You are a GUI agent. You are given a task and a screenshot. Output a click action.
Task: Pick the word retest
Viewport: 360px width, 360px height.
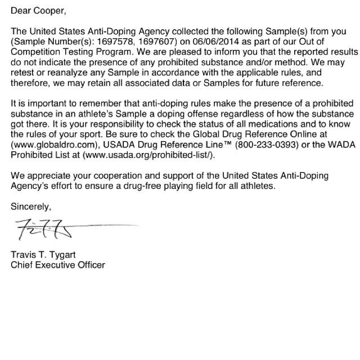pos(23,73)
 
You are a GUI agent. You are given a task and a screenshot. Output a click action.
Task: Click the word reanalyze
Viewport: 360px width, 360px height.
pos(68,73)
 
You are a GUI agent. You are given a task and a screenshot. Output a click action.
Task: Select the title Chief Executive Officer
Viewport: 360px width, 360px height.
pos(58,264)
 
